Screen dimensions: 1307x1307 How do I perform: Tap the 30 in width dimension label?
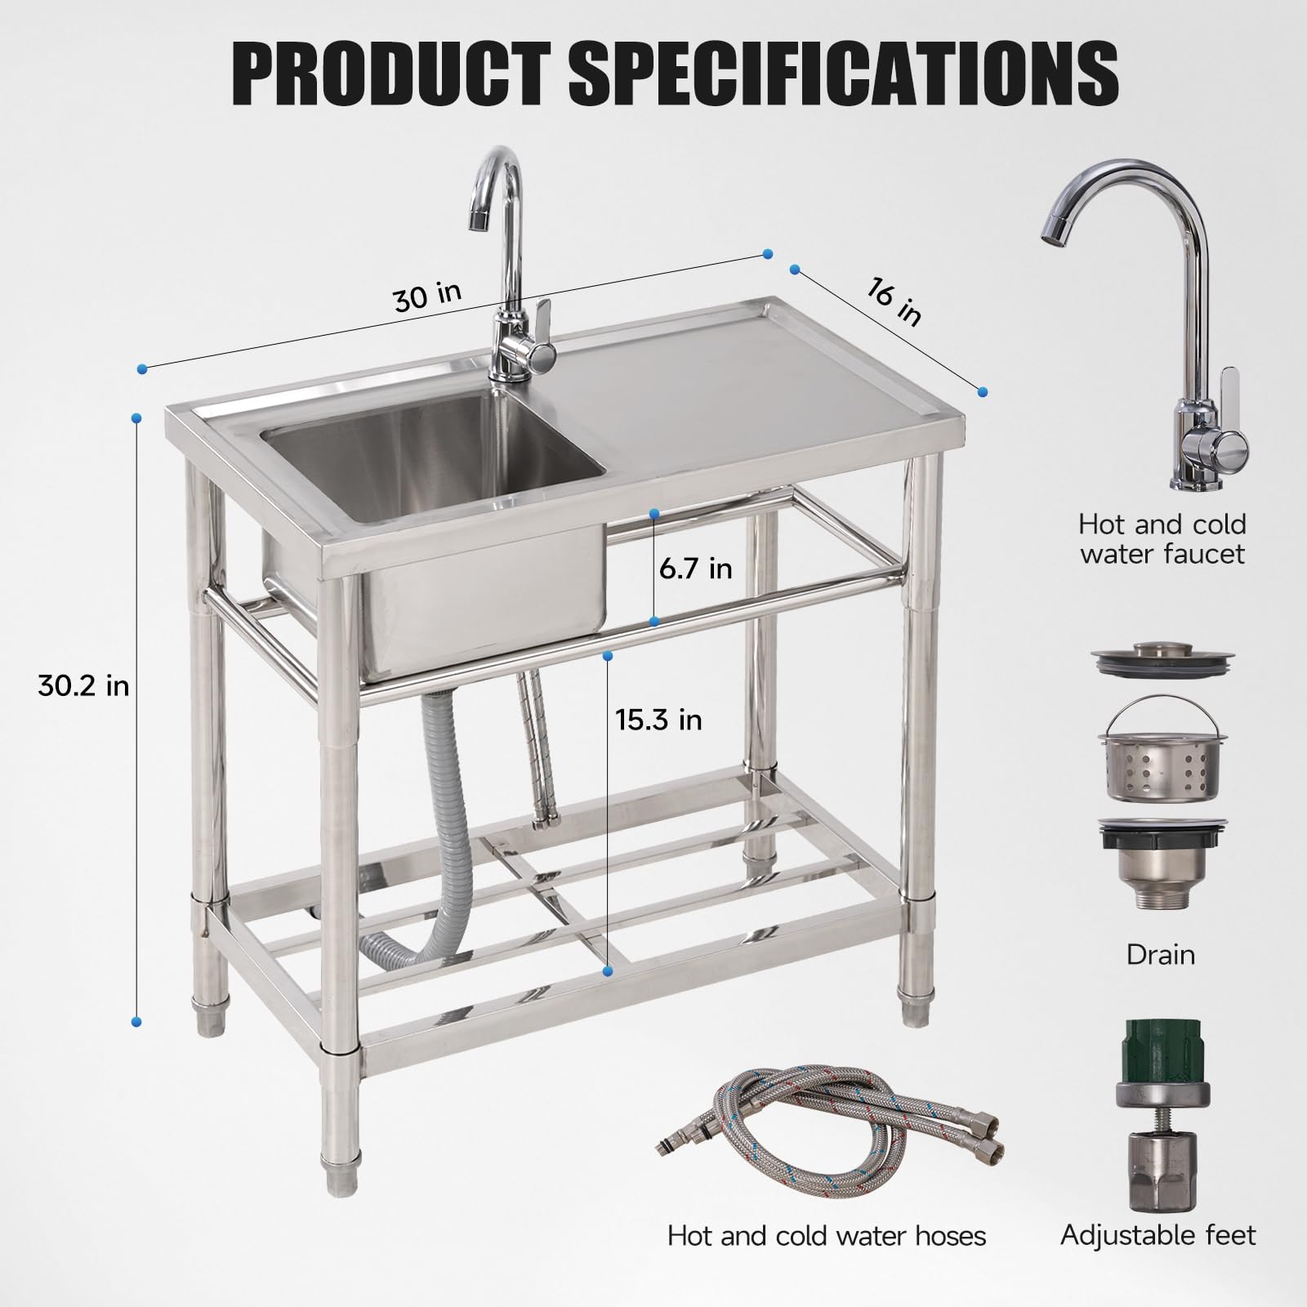(427, 297)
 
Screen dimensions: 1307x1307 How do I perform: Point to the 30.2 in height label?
(83, 685)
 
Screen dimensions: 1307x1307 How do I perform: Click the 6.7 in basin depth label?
(696, 568)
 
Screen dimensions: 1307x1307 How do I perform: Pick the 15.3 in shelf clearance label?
(658, 719)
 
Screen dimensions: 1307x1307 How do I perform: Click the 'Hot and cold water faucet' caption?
(1162, 538)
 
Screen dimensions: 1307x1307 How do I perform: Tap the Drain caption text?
(1160, 954)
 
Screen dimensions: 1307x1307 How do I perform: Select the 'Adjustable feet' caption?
(1158, 1235)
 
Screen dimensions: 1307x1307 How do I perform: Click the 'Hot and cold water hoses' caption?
(827, 1236)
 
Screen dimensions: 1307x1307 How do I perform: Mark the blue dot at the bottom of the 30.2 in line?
(136, 1021)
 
